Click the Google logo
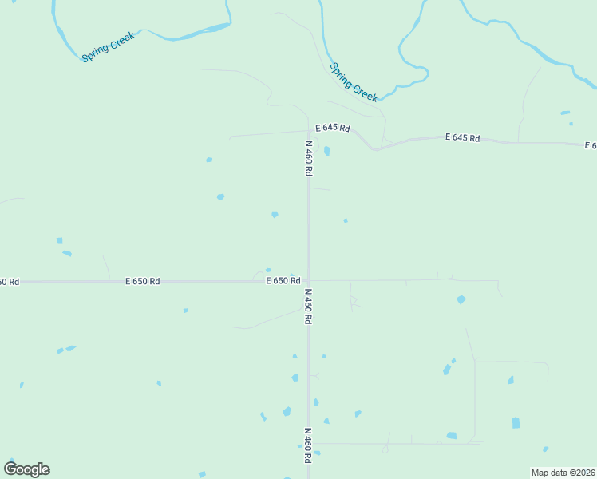[26, 469]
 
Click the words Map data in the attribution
[549, 473]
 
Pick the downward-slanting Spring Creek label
[354, 81]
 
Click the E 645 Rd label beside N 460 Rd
[332, 128]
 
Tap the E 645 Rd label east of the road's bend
[462, 138]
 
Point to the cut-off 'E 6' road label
[591, 145]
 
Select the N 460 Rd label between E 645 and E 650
[308, 159]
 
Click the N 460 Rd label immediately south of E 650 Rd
[307, 306]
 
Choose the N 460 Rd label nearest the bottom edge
[307, 445]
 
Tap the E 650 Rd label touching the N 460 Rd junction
[283, 281]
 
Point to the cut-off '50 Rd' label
[9, 282]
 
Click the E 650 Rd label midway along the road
[143, 282]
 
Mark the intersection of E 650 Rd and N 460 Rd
[308, 280]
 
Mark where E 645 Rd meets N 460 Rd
[308, 131]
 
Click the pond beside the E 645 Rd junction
[326, 150]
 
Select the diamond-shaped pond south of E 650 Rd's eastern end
[461, 299]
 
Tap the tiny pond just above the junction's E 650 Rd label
[268, 270]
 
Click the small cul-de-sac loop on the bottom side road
[385, 449]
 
